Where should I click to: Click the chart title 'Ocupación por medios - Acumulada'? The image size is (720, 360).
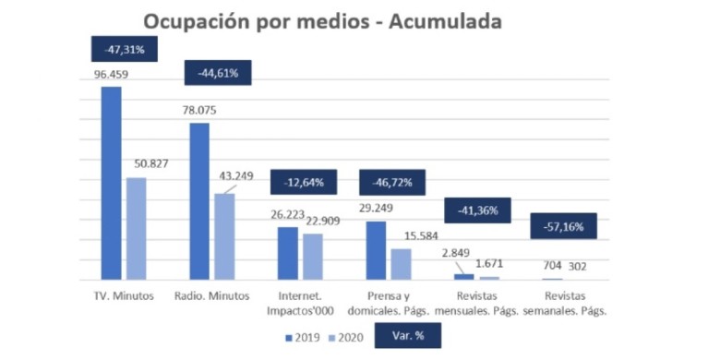322,21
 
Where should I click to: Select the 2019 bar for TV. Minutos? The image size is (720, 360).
112,183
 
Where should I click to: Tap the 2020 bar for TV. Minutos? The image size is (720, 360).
137,229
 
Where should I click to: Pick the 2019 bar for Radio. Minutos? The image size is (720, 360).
199,201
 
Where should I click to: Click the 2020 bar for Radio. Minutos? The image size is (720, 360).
224,237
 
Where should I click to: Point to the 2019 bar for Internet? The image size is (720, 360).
288,254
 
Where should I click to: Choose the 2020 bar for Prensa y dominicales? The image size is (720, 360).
402,265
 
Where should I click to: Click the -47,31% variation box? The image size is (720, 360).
125,49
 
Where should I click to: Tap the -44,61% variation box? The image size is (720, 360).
218,73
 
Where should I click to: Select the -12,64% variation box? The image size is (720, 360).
304,182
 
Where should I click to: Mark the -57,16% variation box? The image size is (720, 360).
563,226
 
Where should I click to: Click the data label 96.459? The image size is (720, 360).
111,74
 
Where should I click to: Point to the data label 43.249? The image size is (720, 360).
236,176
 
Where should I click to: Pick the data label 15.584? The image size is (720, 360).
421,236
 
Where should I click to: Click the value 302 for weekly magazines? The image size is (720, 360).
578,267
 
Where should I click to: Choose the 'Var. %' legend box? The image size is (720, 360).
408,335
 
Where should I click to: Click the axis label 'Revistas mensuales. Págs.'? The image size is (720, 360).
476,303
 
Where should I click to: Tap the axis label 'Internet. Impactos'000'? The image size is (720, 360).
300,303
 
